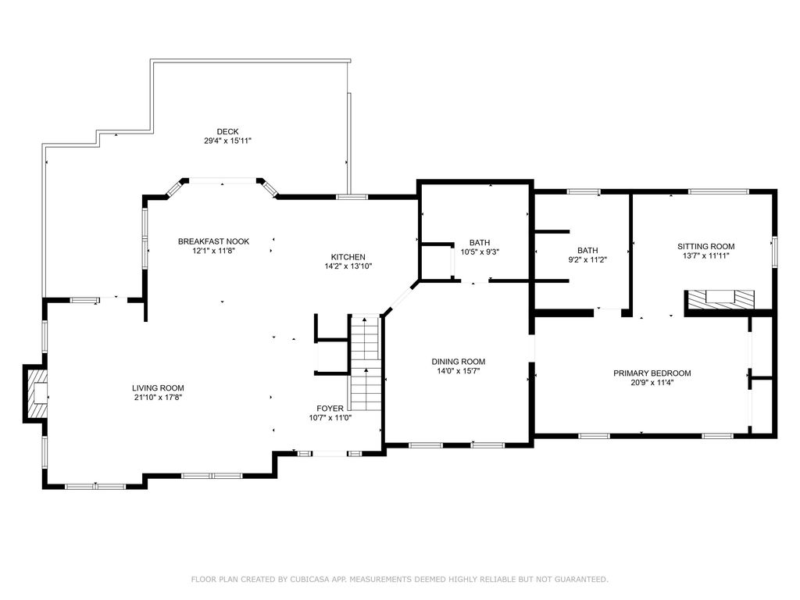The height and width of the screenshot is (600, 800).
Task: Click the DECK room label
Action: [227, 131]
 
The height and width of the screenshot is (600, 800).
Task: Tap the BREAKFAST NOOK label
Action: [213, 241]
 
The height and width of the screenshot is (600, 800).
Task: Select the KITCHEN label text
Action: [348, 257]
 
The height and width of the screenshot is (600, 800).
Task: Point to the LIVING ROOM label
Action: [158, 387]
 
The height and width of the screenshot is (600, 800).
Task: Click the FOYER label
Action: [330, 408]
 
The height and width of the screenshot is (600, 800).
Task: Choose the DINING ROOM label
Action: [458, 362]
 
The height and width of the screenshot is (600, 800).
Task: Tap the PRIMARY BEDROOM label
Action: [652, 373]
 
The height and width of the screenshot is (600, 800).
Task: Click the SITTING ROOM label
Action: [706, 246]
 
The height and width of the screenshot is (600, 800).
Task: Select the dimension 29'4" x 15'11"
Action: [227, 141]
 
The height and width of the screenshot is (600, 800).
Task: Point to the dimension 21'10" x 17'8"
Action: [158, 397]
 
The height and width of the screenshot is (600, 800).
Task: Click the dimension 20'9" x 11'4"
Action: [652, 382]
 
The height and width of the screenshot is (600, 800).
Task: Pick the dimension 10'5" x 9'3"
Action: [480, 252]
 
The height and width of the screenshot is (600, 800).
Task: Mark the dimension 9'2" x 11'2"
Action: [587, 259]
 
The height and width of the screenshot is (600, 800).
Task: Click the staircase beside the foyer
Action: [366, 363]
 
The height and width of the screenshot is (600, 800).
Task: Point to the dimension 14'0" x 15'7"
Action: [458, 371]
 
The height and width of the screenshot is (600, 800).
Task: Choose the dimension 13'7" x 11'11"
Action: [706, 255]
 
